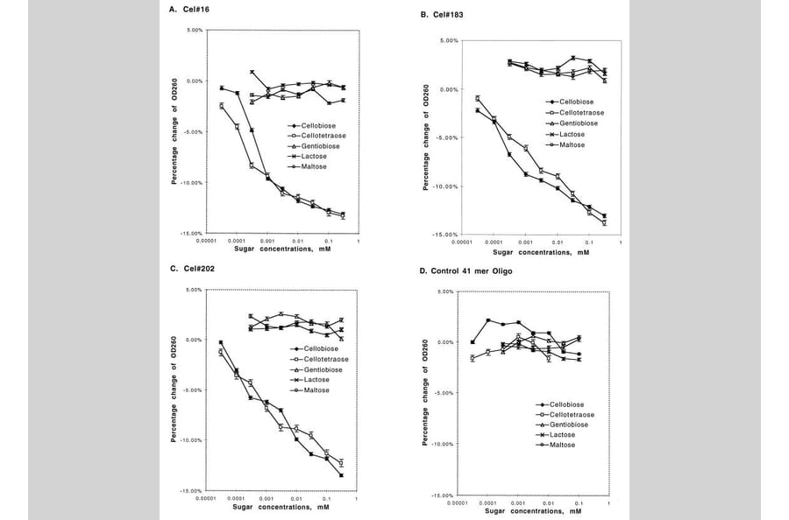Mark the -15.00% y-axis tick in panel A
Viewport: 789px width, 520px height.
pos(191,234)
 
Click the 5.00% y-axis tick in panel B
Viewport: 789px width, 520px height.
pos(448,40)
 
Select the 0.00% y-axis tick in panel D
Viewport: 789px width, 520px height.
pos(442,342)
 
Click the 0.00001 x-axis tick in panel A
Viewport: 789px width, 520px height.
pos(204,241)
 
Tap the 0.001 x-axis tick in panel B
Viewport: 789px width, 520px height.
pos(524,242)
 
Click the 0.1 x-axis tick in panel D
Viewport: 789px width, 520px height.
pos(578,503)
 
